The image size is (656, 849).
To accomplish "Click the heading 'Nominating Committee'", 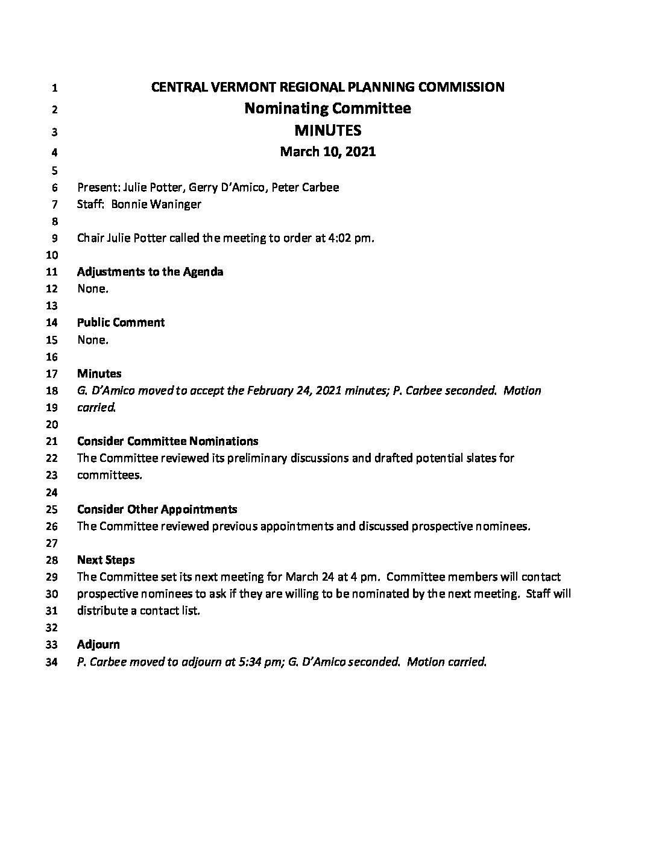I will pyautogui.click(x=327, y=109).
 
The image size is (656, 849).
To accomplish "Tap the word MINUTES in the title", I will pyautogui.click(x=327, y=130).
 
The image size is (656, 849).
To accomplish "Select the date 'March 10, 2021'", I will pyautogui.click(x=327, y=151).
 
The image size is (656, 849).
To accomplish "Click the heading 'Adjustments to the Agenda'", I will pyautogui.click(x=150, y=271).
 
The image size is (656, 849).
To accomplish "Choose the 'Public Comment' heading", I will pyautogui.click(x=121, y=323).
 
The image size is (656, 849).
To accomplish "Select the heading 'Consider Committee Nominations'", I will pyautogui.click(x=168, y=441).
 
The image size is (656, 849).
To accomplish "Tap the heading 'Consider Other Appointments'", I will pyautogui.click(x=157, y=509).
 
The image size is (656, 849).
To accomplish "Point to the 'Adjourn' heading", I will pyautogui.click(x=98, y=645).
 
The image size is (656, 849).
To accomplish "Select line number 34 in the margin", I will pyautogui.click(x=51, y=662).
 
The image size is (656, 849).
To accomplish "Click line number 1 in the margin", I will pyautogui.click(x=54, y=88).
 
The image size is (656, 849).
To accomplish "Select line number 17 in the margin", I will pyautogui.click(x=51, y=374).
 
